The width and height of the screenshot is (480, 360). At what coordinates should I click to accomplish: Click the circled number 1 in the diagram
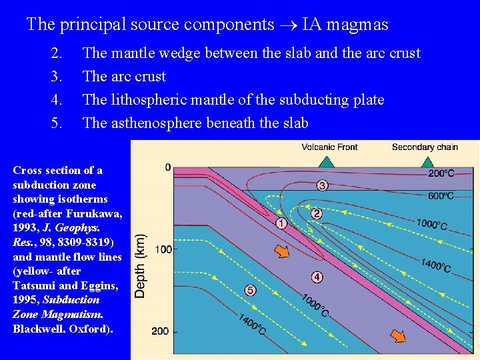click(x=281, y=223)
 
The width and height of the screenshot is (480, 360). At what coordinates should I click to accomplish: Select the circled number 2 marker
click(x=317, y=213)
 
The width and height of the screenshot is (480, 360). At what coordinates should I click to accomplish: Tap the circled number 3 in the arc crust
click(x=323, y=185)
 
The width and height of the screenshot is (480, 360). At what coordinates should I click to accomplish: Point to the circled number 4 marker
click(x=317, y=277)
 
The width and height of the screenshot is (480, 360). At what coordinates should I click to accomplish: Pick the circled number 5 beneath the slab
click(x=251, y=290)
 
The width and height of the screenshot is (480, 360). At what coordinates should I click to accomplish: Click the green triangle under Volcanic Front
click(x=325, y=161)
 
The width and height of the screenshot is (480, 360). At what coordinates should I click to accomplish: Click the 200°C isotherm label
click(x=441, y=173)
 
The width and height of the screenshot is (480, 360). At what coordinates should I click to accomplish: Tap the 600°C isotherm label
click(x=441, y=196)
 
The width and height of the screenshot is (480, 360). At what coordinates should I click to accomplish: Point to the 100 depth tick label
click(x=163, y=249)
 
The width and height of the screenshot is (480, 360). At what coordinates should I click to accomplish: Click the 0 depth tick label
click(x=168, y=167)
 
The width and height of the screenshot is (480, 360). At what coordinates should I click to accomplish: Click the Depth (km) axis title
click(x=141, y=265)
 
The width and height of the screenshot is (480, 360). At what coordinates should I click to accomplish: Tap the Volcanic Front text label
click(x=329, y=147)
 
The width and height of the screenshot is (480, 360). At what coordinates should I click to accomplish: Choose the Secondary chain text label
click(x=423, y=147)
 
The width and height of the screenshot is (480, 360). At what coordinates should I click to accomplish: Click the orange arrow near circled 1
click(x=283, y=252)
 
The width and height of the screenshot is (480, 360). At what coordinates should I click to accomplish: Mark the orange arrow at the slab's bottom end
click(x=397, y=336)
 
